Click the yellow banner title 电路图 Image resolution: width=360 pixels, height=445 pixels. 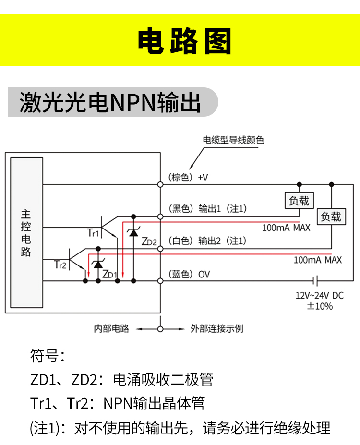pos(184,41)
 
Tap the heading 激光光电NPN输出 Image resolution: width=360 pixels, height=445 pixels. pos(110,102)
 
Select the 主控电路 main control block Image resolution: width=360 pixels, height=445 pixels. pos(27,233)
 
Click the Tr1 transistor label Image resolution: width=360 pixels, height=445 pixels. pos(93,233)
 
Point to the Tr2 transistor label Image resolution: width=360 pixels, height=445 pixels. pos(60,265)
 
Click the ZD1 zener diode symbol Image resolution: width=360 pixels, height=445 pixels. pos(98,264)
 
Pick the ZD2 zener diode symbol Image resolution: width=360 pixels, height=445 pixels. pos(133,232)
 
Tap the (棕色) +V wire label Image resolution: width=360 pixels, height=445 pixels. pos(188,177)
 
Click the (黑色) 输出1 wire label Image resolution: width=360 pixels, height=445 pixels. pos(207,209)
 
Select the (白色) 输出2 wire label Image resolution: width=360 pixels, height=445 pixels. pos(207,241)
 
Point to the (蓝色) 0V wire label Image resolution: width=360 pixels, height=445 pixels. pos(189,275)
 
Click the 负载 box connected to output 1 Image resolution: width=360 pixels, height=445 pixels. pos(299,201)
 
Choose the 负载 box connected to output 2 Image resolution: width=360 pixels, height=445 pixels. pos(331,216)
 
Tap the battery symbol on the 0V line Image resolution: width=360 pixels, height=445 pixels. pos(315,281)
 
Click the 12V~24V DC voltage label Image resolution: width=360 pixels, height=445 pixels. pos(319,295)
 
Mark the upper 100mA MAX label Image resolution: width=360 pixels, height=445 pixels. pos(286,228)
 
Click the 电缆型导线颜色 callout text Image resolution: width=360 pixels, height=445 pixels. pos(233,140)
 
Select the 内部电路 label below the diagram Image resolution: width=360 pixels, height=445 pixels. pos(111,329)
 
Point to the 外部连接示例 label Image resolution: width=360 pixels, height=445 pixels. pos(217,329)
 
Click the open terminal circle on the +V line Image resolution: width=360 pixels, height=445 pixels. pos(160,184)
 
